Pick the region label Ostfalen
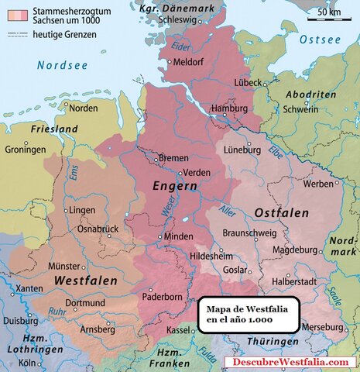[x=282, y=212]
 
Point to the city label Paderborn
[x=161, y=297]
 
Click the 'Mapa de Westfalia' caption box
[x=248, y=315]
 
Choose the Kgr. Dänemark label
[x=173, y=6]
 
